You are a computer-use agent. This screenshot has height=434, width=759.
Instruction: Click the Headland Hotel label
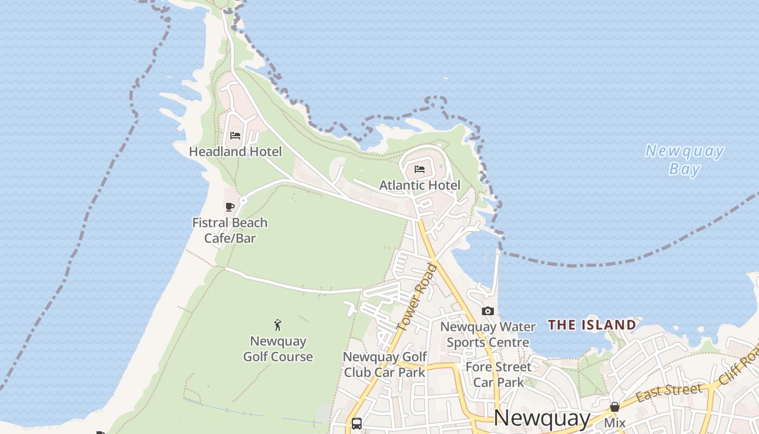pyautogui.click(x=235, y=151)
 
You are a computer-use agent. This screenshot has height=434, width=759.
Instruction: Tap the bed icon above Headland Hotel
pyautogui.click(x=235, y=136)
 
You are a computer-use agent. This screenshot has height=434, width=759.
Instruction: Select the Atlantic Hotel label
pyautogui.click(x=420, y=185)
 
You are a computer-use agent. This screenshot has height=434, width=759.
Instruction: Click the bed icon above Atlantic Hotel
pyautogui.click(x=420, y=169)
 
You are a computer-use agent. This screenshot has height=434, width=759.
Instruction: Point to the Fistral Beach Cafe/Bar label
pyautogui.click(x=230, y=230)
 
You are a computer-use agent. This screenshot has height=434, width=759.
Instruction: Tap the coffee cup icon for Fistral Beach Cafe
pyautogui.click(x=230, y=207)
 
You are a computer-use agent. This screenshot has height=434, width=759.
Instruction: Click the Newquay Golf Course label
pyautogui.click(x=278, y=349)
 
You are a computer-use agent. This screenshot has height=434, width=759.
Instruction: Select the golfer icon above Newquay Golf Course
pyautogui.click(x=278, y=325)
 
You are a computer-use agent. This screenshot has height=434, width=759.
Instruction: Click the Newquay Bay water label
pyautogui.click(x=685, y=159)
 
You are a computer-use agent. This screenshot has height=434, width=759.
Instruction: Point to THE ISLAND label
pyautogui.click(x=591, y=325)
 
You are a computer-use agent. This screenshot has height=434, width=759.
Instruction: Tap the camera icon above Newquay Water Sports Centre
pyautogui.click(x=488, y=311)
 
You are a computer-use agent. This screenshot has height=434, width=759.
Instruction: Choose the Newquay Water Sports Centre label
pyautogui.click(x=488, y=334)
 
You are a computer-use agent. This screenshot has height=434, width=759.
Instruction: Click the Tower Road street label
pyautogui.click(x=416, y=298)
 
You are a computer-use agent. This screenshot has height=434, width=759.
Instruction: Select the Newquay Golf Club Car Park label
pyautogui.click(x=385, y=365)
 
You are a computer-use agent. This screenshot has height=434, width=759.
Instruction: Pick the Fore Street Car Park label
pyautogui.click(x=499, y=374)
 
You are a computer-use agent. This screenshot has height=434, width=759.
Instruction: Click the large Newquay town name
pyautogui.click(x=542, y=418)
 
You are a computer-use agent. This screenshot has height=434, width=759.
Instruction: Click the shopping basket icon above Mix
pyautogui.click(x=615, y=407)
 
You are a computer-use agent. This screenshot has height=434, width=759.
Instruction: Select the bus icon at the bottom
pyautogui.click(x=357, y=423)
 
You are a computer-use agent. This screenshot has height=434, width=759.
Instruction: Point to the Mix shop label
pyautogui.click(x=615, y=423)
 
